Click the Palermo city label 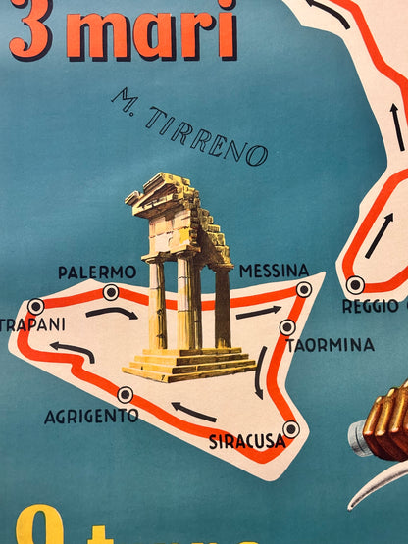[x=96, y=272]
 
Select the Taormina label [x=331, y=345]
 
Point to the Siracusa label [x=247, y=442]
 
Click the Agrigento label [x=91, y=417]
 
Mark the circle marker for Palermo [x=111, y=292]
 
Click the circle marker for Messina [x=305, y=289]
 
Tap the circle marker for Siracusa [x=290, y=428]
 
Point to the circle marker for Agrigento [x=125, y=394]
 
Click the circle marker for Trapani [x=36, y=306]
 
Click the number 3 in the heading [x=28, y=29]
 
